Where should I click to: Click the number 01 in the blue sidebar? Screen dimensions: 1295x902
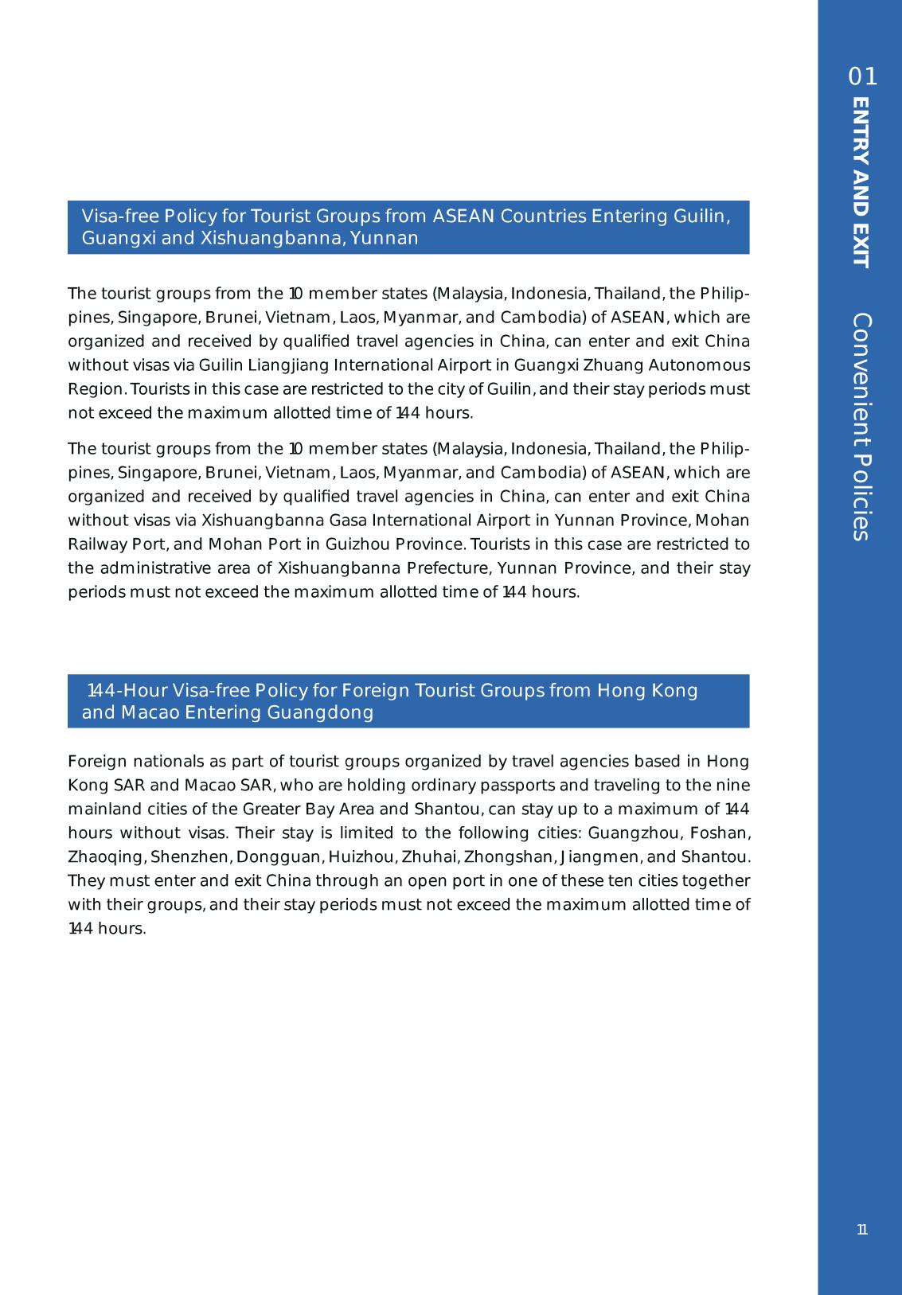click(863, 77)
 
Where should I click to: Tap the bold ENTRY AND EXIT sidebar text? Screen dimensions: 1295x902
click(861, 182)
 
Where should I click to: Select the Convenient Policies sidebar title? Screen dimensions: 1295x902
click(861, 427)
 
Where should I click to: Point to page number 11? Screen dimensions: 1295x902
click(862, 1230)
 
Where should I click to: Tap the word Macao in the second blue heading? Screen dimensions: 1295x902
click(150, 712)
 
